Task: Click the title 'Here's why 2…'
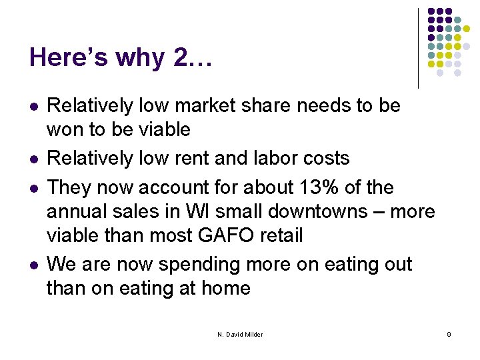tap(121, 58)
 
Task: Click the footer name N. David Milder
tap(240, 334)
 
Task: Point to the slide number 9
tap(449, 334)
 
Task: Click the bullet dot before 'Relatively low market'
tap(33, 107)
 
